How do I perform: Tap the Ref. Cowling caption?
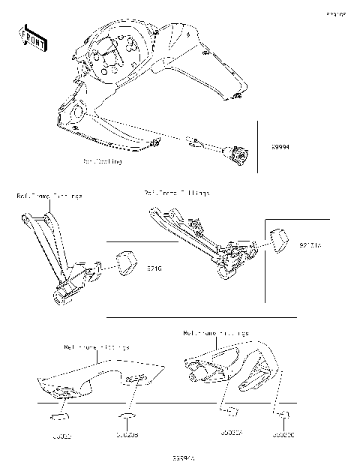tap(102, 161)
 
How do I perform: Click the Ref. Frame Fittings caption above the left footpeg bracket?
tap(49, 196)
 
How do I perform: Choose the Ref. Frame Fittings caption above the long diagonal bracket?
tap(177, 193)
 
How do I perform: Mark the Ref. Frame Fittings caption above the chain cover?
tap(97, 347)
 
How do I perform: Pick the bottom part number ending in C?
tap(283, 433)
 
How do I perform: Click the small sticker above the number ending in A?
tap(229, 410)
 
